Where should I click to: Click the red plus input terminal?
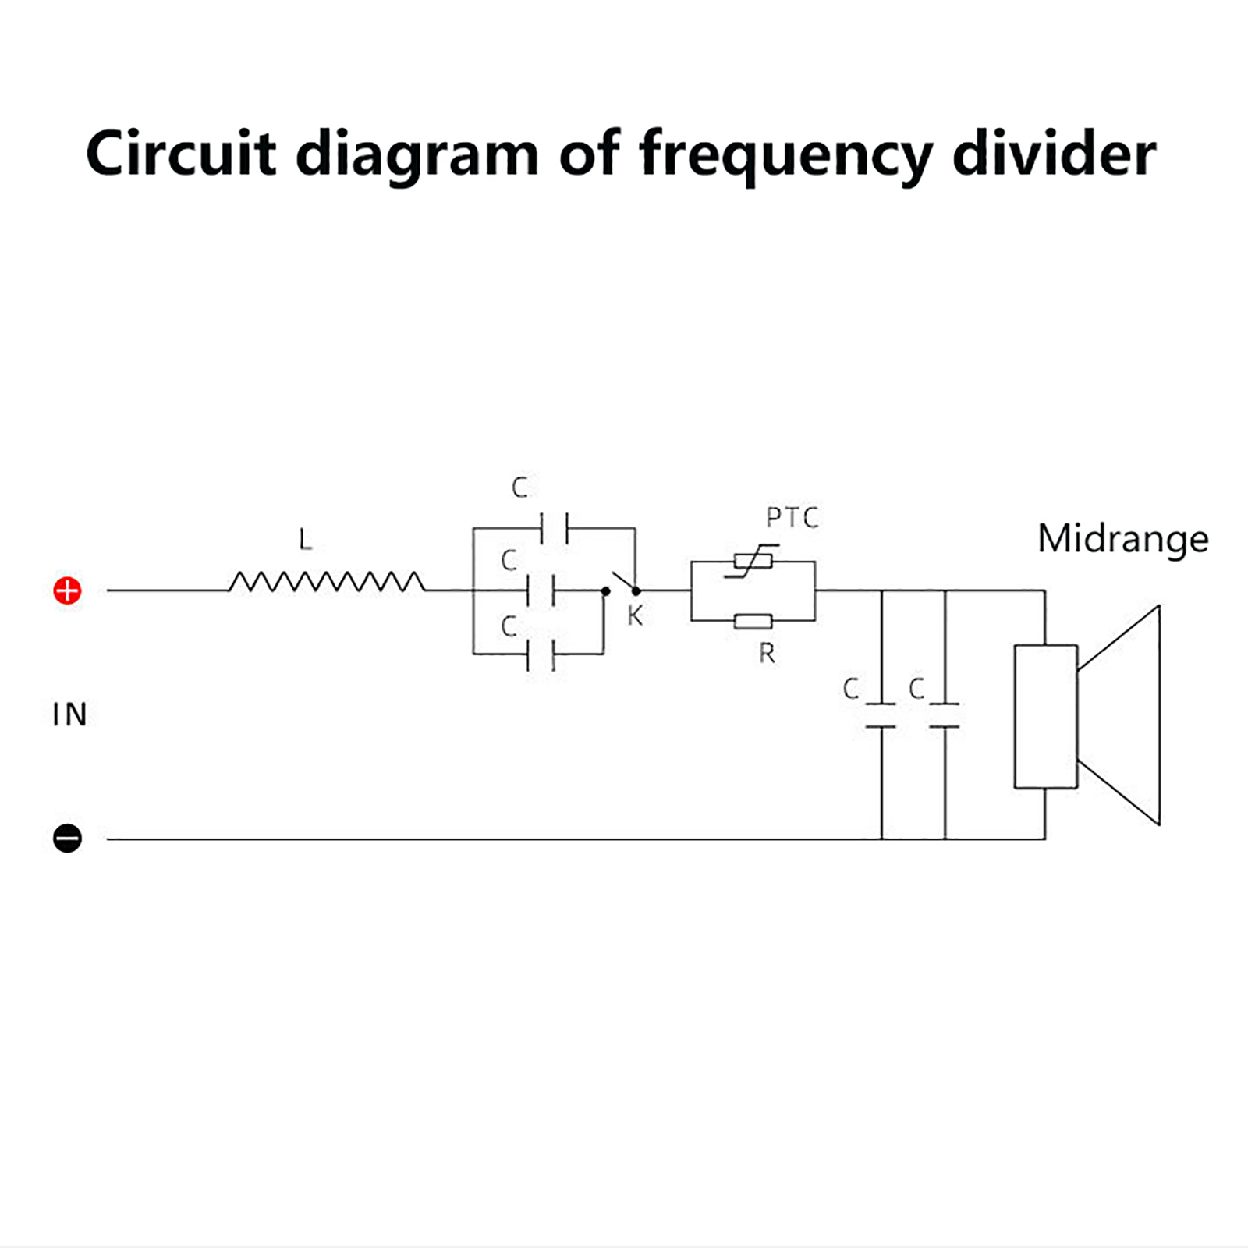67,590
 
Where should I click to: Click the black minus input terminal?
67,838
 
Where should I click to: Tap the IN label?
69,714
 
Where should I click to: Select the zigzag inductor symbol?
327,582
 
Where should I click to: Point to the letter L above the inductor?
305,539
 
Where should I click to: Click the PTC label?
792,518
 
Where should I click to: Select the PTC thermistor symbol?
753,561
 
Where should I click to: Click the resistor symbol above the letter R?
753,622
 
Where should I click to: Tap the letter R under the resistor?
767,654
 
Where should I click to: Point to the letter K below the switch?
635,615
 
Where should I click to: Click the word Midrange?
1123,539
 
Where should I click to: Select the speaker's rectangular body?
1045,716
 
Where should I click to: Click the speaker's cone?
1119,715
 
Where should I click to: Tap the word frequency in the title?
785,155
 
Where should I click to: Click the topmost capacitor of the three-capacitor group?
555,528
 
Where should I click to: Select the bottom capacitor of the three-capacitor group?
541,654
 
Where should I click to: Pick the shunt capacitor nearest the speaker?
945,715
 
